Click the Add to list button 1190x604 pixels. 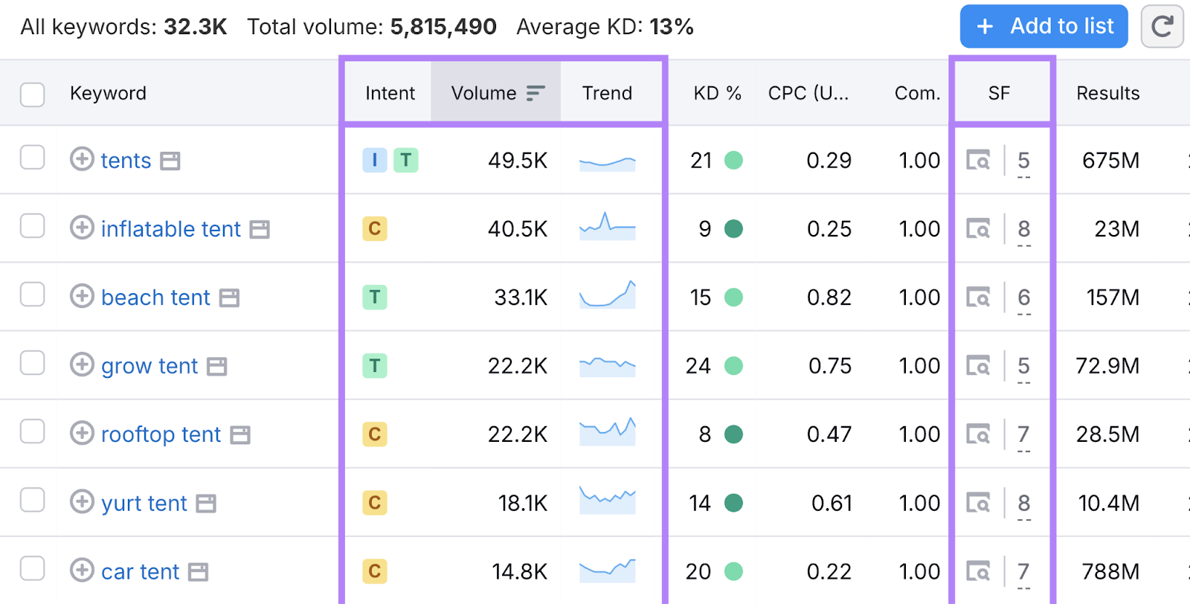[x=1043, y=27]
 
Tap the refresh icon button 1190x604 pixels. [x=1162, y=27]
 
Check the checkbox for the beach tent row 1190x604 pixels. [x=32, y=295]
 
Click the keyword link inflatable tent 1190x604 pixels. [x=170, y=229]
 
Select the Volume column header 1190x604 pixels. [x=483, y=93]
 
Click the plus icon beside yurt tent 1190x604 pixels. [x=82, y=502]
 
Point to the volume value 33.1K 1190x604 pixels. [x=521, y=298]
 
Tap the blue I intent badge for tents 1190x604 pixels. [x=374, y=160]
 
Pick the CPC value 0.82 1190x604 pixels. [x=829, y=298]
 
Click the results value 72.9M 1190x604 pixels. [x=1107, y=366]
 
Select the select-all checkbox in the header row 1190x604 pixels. [x=32, y=94]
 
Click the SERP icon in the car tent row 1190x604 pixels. [x=978, y=571]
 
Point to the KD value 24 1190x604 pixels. [x=698, y=366]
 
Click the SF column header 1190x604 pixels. [x=999, y=93]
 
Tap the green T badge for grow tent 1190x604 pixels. [x=374, y=366]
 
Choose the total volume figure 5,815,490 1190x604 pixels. [x=443, y=27]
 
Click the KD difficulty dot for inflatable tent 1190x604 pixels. [x=733, y=229]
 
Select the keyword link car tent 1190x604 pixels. [x=140, y=571]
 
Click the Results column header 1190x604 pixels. [x=1107, y=93]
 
